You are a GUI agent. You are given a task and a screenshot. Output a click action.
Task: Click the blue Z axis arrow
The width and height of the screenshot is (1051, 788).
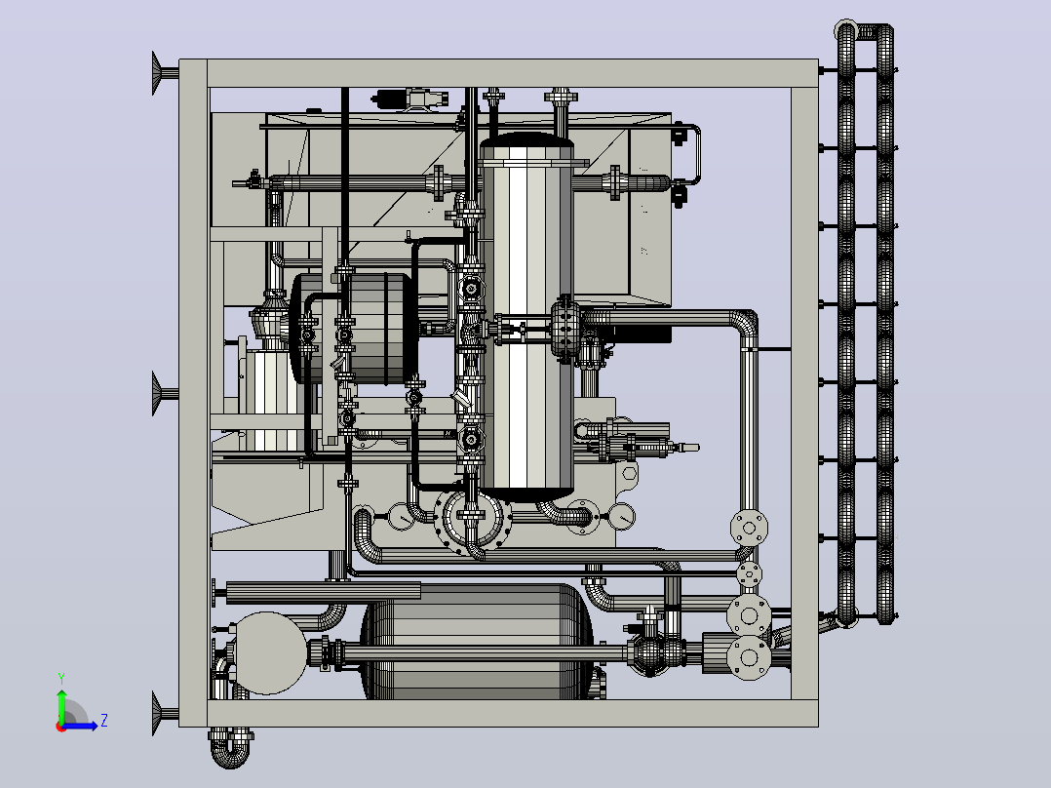80,725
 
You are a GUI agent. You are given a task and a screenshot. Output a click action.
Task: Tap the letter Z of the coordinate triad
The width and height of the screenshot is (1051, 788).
104,721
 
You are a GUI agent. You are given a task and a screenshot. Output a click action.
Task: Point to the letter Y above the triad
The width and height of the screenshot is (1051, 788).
61,678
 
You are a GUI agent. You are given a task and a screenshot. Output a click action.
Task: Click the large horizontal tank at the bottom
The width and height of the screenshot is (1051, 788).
477,642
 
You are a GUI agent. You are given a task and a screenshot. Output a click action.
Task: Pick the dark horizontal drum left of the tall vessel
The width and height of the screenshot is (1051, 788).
353,329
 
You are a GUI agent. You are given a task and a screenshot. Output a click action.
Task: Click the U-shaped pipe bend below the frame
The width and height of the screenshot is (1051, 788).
230,749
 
